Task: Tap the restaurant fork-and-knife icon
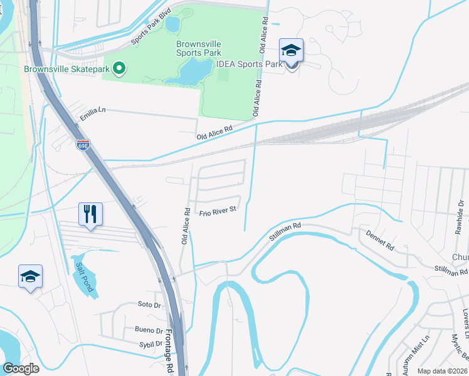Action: (x=90, y=214)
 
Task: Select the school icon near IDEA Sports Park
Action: (x=292, y=50)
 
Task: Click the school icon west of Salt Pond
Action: (x=30, y=276)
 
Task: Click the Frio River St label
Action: (x=218, y=211)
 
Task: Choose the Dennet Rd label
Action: (x=381, y=239)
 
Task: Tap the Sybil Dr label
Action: (x=150, y=344)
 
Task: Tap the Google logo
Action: (x=21, y=368)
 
